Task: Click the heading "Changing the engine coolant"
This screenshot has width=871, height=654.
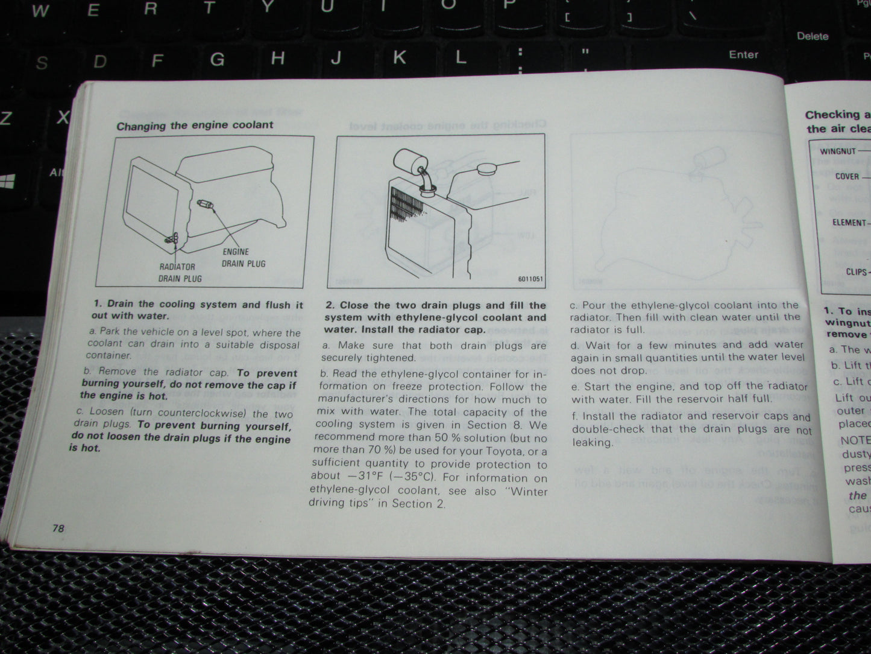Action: pos(194,125)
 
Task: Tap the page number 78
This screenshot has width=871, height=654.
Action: pos(58,528)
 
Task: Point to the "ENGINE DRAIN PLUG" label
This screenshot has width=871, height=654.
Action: pos(244,258)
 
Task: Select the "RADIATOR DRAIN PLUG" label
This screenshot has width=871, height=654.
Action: pos(180,273)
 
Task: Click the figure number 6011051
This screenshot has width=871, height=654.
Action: pos(530,279)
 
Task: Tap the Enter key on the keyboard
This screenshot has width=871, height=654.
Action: pos(743,55)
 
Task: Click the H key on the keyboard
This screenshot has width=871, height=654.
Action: pos(277,59)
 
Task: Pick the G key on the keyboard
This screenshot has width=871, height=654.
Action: pos(217,59)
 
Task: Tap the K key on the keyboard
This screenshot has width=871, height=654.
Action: pos(399,57)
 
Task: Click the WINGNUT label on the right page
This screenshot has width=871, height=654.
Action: pos(837,151)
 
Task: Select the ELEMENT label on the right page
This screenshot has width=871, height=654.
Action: pos(849,223)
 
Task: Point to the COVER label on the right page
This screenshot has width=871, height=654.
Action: pos(847,177)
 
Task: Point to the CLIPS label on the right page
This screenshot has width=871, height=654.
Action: pos(856,272)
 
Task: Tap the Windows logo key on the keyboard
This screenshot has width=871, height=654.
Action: pos(8,181)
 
